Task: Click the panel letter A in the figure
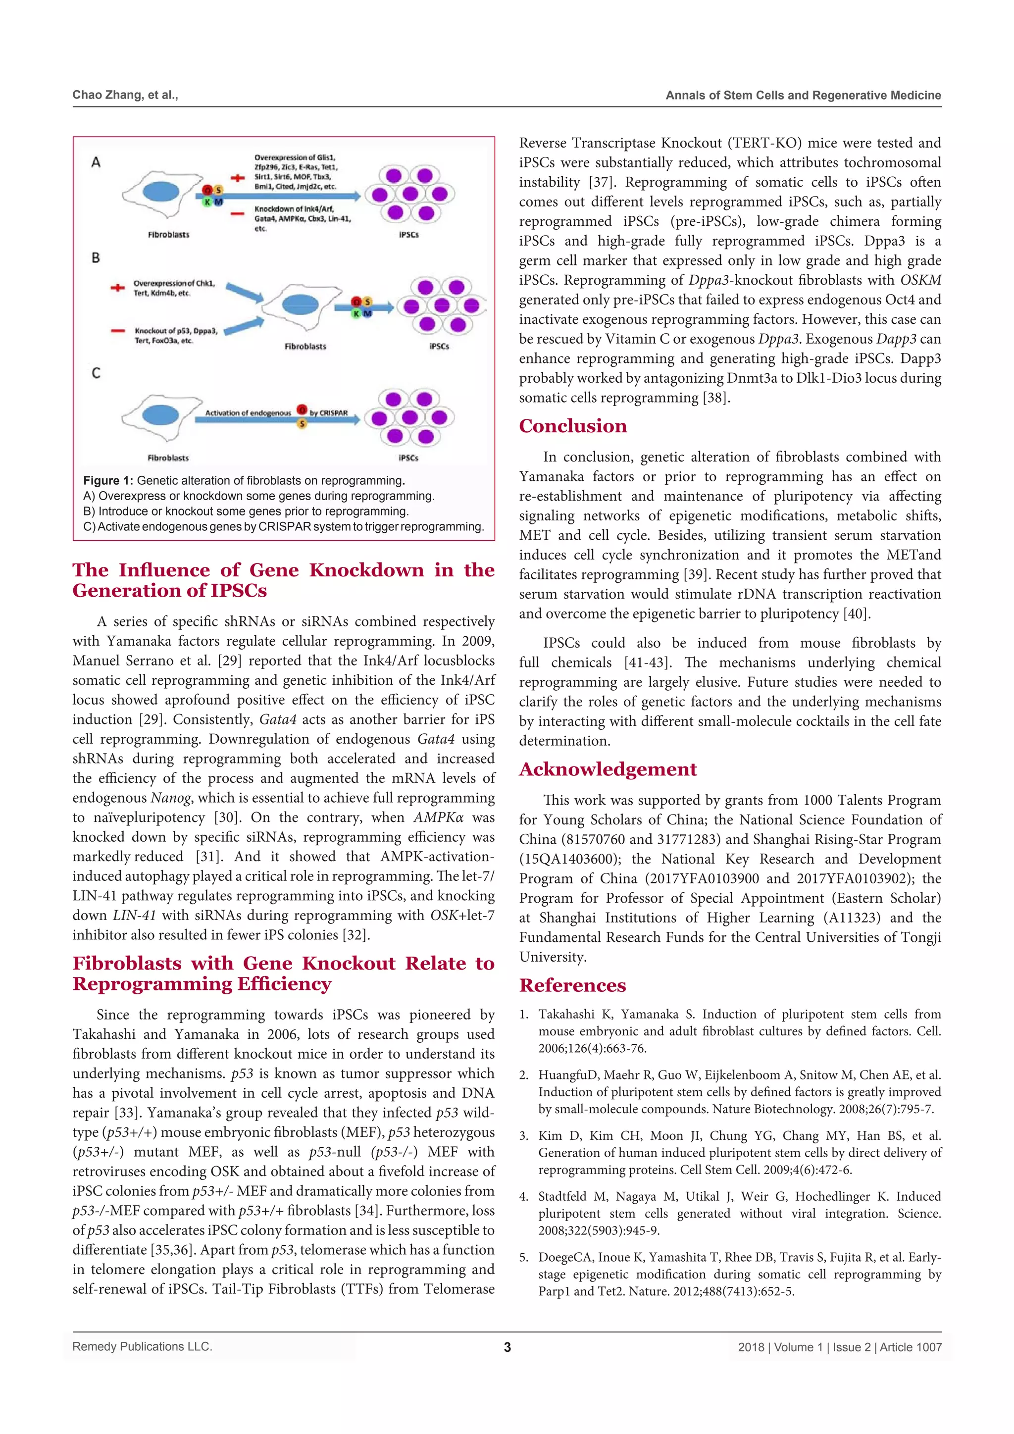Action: click(96, 162)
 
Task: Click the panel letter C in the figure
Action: click(96, 373)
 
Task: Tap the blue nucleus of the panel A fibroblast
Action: click(160, 191)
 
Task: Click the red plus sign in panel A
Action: click(237, 178)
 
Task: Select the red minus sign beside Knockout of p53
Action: click(117, 331)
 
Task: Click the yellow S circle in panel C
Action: click(302, 423)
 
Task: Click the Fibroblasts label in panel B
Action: click(305, 346)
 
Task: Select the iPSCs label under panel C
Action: click(408, 458)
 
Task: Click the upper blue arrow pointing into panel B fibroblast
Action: click(244, 292)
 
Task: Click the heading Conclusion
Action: click(572, 426)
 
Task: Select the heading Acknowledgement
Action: click(608, 769)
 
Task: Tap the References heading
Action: click(572, 985)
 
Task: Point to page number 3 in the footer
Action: click(507, 1347)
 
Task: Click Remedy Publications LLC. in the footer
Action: click(143, 1346)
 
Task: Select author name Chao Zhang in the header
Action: click(108, 95)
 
